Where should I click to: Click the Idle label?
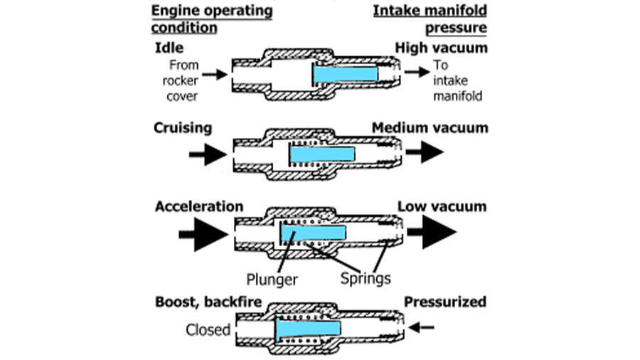coord(169,48)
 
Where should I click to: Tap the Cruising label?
coord(183,128)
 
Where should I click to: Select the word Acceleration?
coord(199,206)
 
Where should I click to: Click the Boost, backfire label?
coord(208,302)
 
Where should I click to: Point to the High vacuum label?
coord(441,48)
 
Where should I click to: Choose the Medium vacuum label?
coord(430,128)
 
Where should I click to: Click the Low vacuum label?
coord(442,206)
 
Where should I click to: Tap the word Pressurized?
coord(445,302)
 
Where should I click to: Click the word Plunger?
coord(272,280)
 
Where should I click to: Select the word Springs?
coord(366,279)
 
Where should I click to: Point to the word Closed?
coord(208,330)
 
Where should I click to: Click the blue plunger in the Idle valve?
coord(346,74)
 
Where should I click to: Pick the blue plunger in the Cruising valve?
coord(322,154)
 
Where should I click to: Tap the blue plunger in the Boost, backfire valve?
coord(308,328)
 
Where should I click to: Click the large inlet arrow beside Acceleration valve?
coord(203,234)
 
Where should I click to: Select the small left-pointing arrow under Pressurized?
coord(421,327)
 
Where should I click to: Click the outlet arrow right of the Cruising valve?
coord(425,152)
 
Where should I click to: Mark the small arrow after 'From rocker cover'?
coord(215,74)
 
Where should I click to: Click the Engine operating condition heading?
coord(212,19)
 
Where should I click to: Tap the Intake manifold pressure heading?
coord(430,19)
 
